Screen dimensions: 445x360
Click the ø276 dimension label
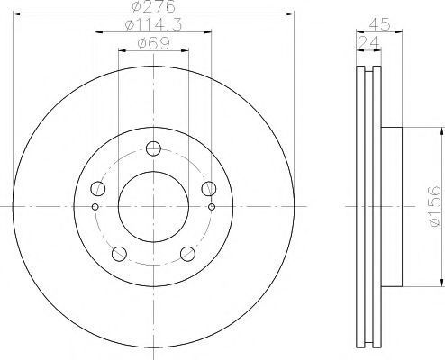[x=153, y=6]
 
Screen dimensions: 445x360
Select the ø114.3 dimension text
[x=153, y=24]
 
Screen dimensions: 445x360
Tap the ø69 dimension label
[x=153, y=43]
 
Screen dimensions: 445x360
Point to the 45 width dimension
[x=379, y=24]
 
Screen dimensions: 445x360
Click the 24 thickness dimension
[x=369, y=42]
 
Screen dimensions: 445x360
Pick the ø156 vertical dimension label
[x=434, y=206]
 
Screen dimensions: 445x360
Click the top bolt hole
[x=153, y=148]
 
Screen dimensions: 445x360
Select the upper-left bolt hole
[x=98, y=189]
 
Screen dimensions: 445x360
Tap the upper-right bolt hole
[x=209, y=189]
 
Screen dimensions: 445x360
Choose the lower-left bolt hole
[x=119, y=254]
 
